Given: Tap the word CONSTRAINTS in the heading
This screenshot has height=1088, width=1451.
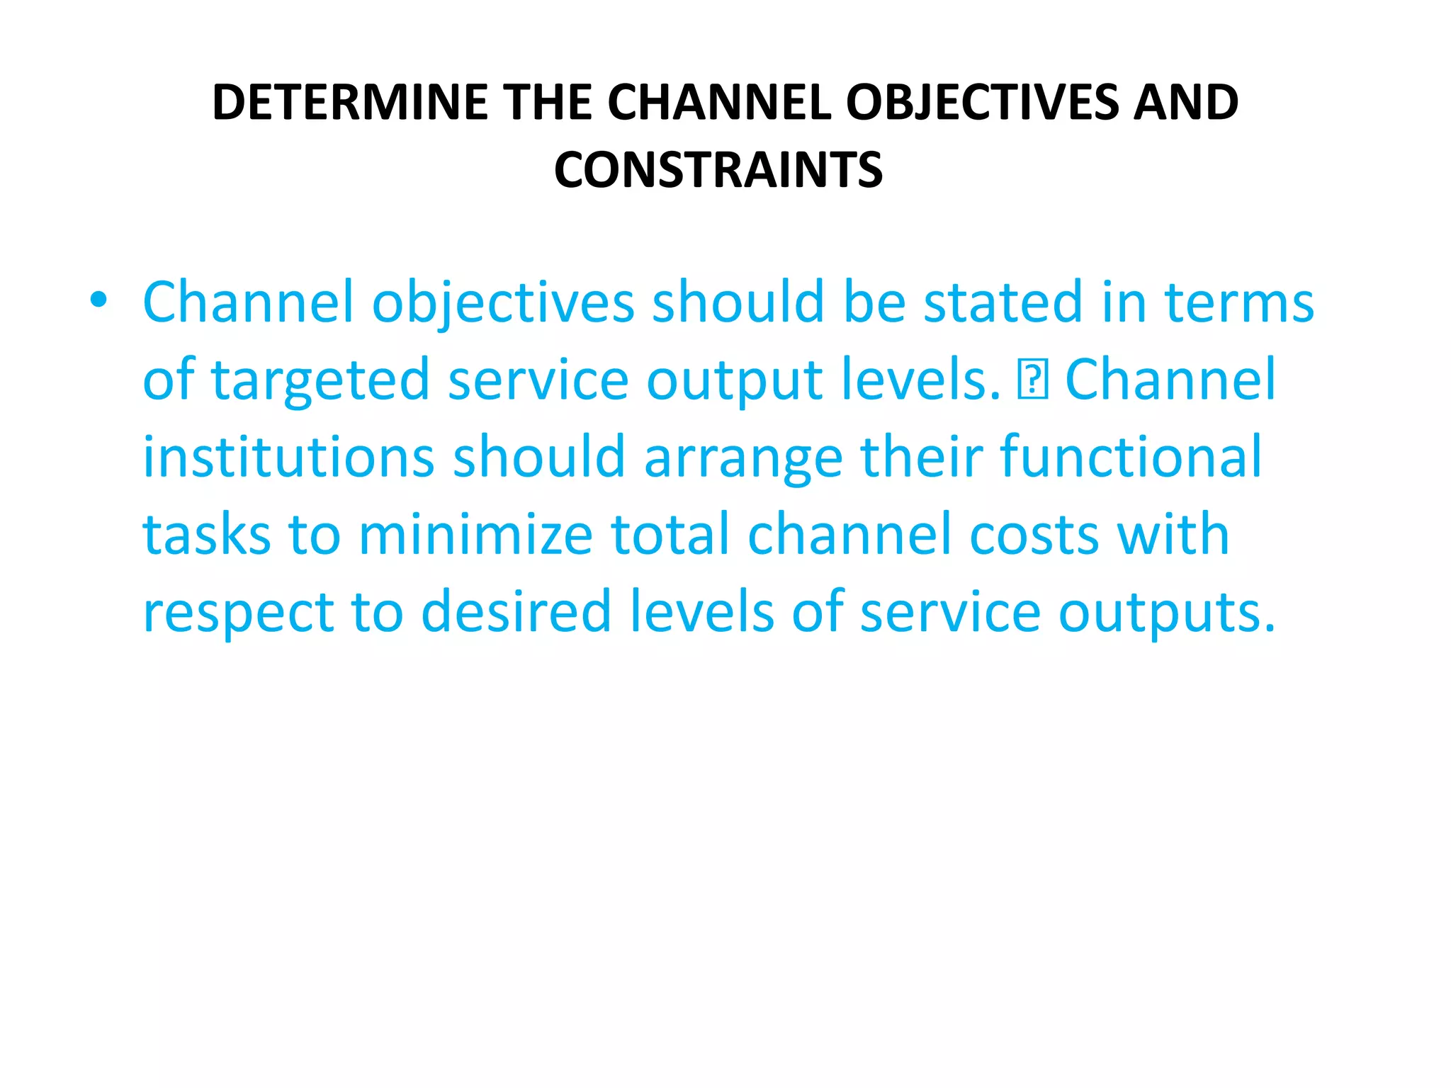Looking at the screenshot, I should (x=718, y=171).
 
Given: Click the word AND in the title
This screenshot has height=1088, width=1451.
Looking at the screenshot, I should (x=1186, y=103).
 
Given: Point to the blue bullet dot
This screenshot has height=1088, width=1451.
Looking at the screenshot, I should (x=98, y=300).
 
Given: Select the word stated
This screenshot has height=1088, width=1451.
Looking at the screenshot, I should (x=1004, y=302).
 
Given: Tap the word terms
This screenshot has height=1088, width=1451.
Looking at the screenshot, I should (x=1239, y=302).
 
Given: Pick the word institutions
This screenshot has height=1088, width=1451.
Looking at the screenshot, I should (x=288, y=457).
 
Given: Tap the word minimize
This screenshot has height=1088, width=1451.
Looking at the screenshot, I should (x=475, y=535).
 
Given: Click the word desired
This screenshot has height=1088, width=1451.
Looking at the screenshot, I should (x=516, y=611).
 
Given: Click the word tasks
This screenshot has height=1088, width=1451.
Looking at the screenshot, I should (x=207, y=535).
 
